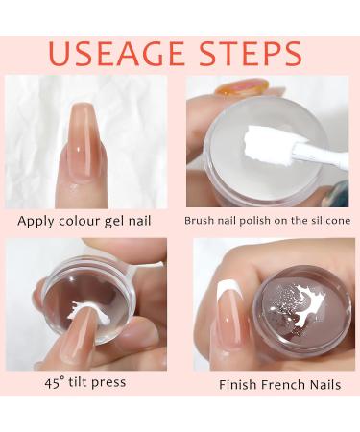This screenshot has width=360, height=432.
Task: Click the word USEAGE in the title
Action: tap(116, 53)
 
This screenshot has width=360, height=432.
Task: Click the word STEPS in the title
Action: tap(251, 53)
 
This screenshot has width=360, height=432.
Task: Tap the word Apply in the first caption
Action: tap(36, 222)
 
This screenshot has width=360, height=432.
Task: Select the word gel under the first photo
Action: tap(114, 222)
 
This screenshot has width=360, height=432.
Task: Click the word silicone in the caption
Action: tap(330, 221)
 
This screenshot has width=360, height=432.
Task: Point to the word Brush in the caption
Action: tap(197, 221)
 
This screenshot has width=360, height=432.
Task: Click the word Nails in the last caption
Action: tap(327, 384)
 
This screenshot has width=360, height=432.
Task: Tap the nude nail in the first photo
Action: tap(84, 137)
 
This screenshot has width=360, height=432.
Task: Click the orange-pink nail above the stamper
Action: tap(242, 86)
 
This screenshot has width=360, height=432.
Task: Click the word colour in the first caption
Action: tap(79, 221)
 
